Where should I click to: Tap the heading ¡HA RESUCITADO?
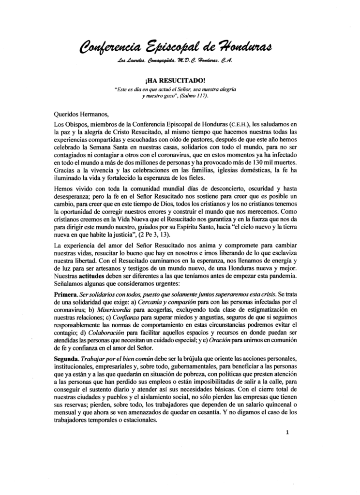(180, 82)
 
